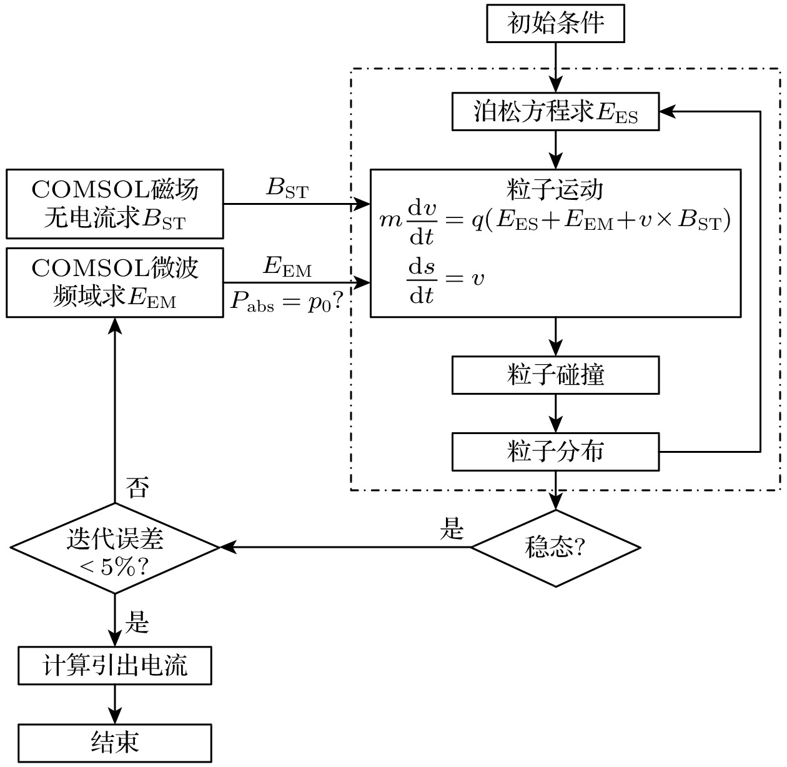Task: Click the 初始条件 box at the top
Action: [x=555, y=25]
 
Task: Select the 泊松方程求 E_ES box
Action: [x=555, y=112]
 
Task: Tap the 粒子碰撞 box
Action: [x=555, y=375]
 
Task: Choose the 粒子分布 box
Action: [x=555, y=452]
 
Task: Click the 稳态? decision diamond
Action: [x=555, y=548]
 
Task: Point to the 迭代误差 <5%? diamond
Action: [x=115, y=548]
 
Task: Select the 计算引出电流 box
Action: [x=115, y=666]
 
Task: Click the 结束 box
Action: [x=115, y=743]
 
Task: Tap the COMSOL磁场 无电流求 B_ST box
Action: [x=115, y=204]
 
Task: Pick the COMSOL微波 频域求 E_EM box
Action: [x=115, y=283]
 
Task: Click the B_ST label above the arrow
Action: [x=287, y=189]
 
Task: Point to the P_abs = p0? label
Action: [x=287, y=302]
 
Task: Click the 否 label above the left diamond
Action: [x=137, y=487]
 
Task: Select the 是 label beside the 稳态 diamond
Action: [x=451, y=529]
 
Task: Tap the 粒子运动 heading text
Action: [x=555, y=189]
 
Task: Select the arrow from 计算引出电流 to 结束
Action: [x=115, y=705]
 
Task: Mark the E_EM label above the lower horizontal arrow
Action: [x=287, y=267]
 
